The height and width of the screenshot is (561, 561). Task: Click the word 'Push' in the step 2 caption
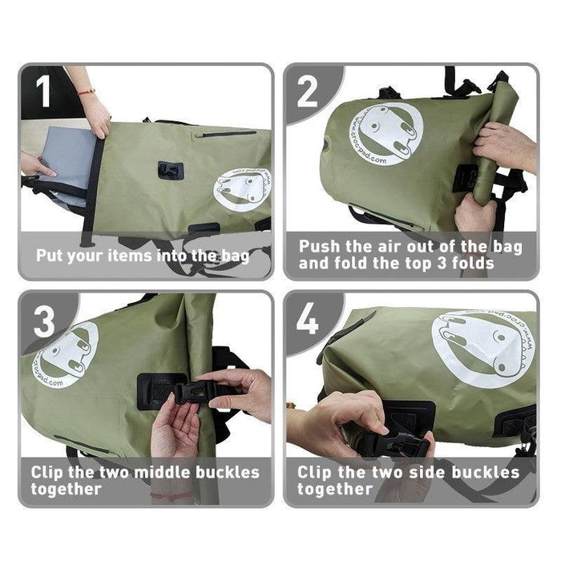click(x=321, y=247)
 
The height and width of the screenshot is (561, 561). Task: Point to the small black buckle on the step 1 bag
click(x=171, y=169)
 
